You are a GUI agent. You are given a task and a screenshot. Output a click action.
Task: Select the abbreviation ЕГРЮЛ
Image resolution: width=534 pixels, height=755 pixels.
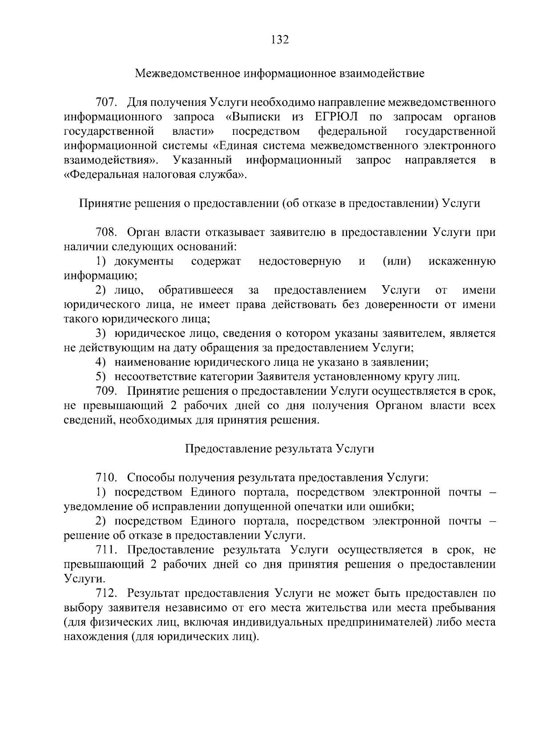point(333,117)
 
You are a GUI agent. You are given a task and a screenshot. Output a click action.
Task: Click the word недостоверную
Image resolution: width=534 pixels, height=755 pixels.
point(300,262)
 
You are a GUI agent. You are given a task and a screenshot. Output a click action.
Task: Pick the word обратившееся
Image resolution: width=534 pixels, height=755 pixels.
point(196,291)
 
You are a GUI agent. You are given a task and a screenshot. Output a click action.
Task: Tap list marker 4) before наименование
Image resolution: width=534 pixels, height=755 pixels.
point(101,363)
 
